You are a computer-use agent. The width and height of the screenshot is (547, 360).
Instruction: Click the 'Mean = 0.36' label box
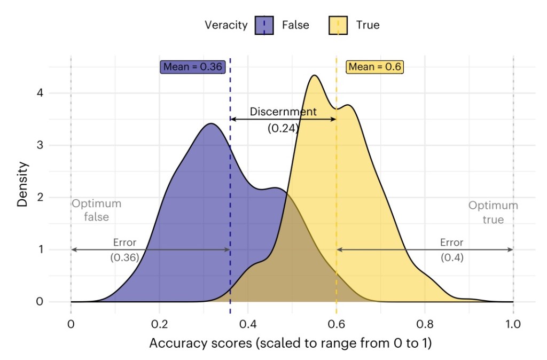point(193,67)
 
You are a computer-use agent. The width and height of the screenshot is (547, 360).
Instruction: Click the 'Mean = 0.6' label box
point(374,67)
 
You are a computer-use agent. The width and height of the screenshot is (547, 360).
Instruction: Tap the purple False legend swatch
point(265,25)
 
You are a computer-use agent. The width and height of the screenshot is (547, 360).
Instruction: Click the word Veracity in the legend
point(226,25)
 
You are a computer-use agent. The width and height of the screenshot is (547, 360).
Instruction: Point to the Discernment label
point(283,112)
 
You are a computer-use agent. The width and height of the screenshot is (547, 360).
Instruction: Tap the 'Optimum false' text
point(97,210)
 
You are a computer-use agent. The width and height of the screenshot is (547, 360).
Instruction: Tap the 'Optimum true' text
point(493,212)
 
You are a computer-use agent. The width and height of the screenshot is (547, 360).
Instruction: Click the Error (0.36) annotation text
point(124,249)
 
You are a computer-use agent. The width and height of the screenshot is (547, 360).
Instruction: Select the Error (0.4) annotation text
point(451,249)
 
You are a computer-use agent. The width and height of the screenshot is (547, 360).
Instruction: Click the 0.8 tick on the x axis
point(425,323)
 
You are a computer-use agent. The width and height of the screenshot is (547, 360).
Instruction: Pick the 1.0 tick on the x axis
point(513,323)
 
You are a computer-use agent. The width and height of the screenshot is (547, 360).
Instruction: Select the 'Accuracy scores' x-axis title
point(290,343)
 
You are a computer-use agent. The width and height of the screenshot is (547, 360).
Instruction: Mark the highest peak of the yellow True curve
point(314,75)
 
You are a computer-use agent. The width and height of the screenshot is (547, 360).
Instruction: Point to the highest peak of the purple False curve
point(211,124)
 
